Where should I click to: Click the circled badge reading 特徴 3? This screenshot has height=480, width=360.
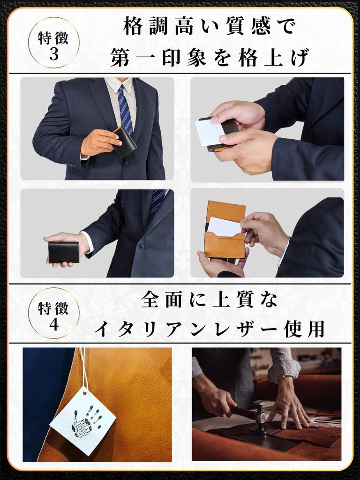[x=53, y=43]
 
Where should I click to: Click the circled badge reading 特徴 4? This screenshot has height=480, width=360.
[x=53, y=313]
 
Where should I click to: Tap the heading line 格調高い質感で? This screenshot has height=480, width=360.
[x=209, y=27]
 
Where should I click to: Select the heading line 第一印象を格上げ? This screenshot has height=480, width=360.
[x=209, y=59]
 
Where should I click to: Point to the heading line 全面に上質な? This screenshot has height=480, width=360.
[x=209, y=300]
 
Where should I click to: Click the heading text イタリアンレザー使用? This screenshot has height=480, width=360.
[x=209, y=329]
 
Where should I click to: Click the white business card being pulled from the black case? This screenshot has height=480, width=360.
[x=209, y=133]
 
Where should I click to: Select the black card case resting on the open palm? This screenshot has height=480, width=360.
[x=64, y=252]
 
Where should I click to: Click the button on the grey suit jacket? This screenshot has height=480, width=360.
[x=140, y=247]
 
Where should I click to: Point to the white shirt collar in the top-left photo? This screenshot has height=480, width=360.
[x=115, y=85]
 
